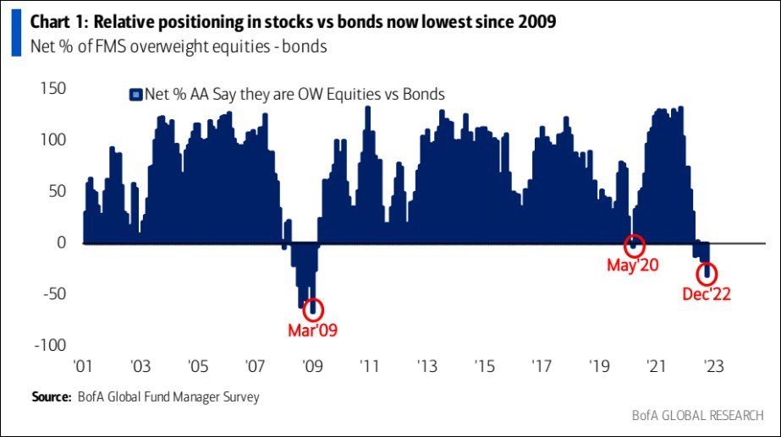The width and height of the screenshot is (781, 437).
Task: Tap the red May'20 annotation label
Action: [x=633, y=265]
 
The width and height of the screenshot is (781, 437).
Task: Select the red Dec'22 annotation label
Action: [x=707, y=295]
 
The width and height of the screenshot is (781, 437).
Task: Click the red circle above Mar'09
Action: [x=314, y=309]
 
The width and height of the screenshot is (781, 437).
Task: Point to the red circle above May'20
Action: [x=635, y=245]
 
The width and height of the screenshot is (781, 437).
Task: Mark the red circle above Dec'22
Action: [x=707, y=273]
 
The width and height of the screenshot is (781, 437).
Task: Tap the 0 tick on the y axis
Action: [x=62, y=243]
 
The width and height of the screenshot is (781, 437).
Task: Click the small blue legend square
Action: [x=134, y=95]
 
